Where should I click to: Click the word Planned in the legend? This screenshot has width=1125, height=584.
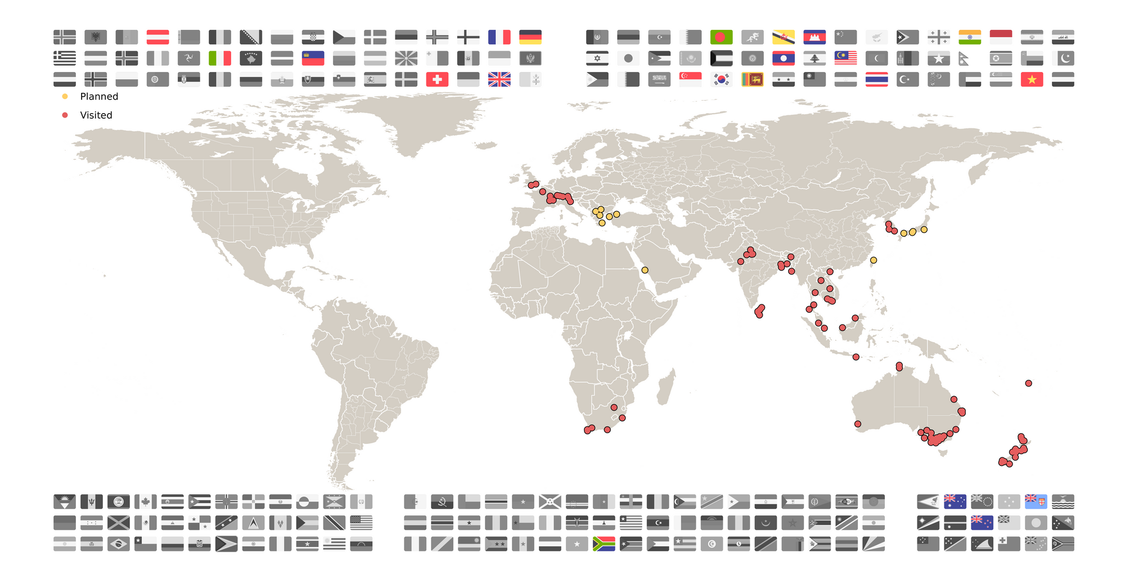[99, 96]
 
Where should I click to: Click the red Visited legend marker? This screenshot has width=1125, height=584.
[65, 115]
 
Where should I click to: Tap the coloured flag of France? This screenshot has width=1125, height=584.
[499, 37]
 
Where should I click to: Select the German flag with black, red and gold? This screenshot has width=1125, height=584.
[530, 37]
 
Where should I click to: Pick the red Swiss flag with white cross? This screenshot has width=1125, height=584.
[437, 79]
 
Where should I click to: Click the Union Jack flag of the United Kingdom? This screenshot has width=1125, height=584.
[499, 79]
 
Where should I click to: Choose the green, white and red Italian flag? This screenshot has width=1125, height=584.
[220, 58]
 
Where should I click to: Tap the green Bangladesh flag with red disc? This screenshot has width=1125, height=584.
[721, 37]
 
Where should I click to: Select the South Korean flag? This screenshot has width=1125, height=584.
[721, 79]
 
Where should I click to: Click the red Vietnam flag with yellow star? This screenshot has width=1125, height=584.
[1032, 79]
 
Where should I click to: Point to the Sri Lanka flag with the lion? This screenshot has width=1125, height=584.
[752, 79]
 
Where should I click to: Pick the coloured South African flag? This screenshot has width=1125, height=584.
[604, 544]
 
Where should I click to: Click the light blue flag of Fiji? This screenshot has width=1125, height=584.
[1036, 501]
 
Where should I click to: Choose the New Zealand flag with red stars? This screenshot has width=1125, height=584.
[982, 523]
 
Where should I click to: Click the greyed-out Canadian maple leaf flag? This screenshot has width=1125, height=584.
[145, 501]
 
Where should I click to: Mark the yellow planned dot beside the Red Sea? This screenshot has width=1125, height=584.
[645, 270]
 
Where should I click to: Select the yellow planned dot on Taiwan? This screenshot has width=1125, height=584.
[873, 260]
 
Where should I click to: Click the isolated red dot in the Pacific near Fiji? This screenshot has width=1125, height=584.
[1028, 383]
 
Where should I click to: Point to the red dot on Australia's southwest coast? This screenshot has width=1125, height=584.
[857, 424]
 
